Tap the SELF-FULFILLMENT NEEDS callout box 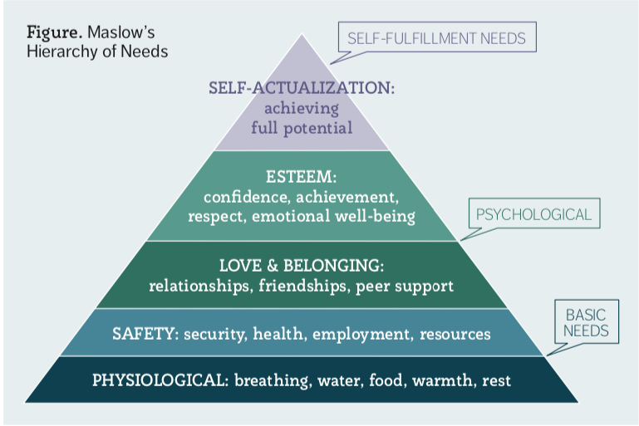437,37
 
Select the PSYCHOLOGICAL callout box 533,214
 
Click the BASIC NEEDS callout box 587,323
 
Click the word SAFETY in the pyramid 140,334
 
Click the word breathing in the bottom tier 269,381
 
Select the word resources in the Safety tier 455,334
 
